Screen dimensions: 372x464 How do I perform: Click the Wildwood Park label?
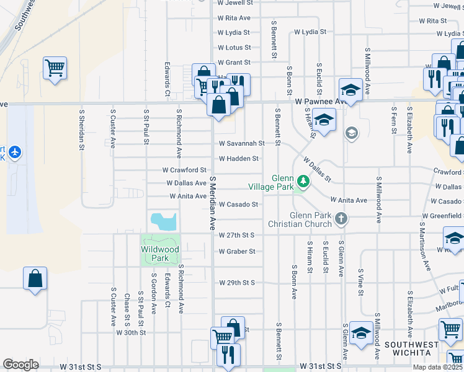click(160, 254)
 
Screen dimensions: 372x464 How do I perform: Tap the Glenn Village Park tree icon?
click(303, 182)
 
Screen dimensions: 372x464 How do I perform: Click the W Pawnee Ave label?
click(319, 100)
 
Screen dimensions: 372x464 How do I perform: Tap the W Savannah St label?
click(241, 143)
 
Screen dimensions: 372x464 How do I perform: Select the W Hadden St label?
click(238, 158)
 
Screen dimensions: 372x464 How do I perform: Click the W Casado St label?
click(238, 204)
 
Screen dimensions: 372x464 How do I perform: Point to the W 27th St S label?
click(237, 236)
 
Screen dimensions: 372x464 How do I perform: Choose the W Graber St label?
click(237, 251)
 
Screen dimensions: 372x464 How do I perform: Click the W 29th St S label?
click(237, 282)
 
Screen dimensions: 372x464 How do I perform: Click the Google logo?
click(20, 365)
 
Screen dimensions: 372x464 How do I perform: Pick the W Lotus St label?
click(234, 48)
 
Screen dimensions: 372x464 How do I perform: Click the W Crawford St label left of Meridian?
click(184, 170)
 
